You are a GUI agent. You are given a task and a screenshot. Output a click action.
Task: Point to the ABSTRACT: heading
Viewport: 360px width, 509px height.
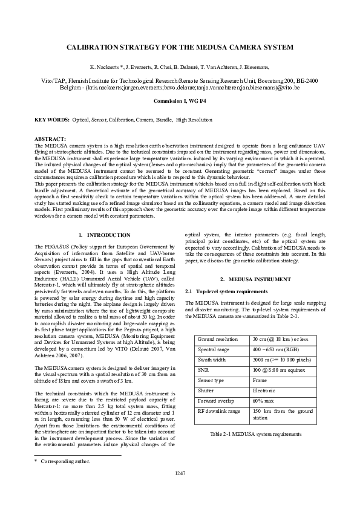[50, 139]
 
